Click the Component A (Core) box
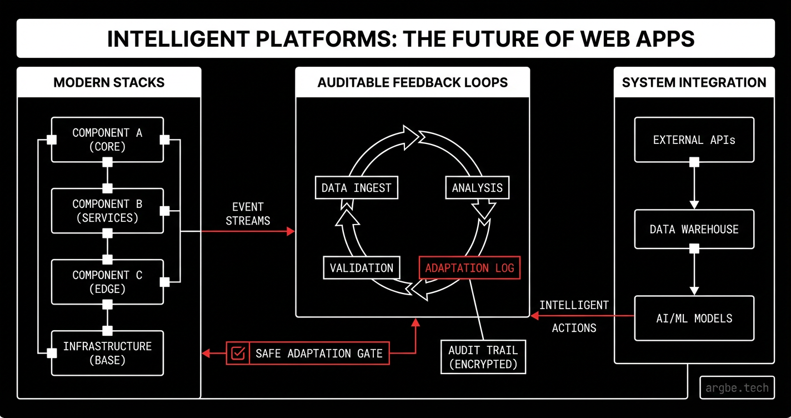point(107,140)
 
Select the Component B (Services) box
point(107,211)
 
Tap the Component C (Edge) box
point(107,282)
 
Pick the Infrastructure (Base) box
point(107,353)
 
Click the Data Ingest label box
point(356,188)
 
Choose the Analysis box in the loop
point(477,188)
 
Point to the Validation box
point(361,268)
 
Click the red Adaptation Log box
point(469,268)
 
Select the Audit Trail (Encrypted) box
point(483,357)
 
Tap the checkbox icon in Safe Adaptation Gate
point(238,354)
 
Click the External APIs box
point(694,140)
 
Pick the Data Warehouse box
point(694,229)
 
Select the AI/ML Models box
point(694,318)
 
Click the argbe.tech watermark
point(737,388)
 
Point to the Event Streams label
point(248,214)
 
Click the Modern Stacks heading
point(109,83)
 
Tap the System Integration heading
point(694,83)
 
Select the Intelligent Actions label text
point(574,316)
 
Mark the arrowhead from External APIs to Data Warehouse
point(694,204)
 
